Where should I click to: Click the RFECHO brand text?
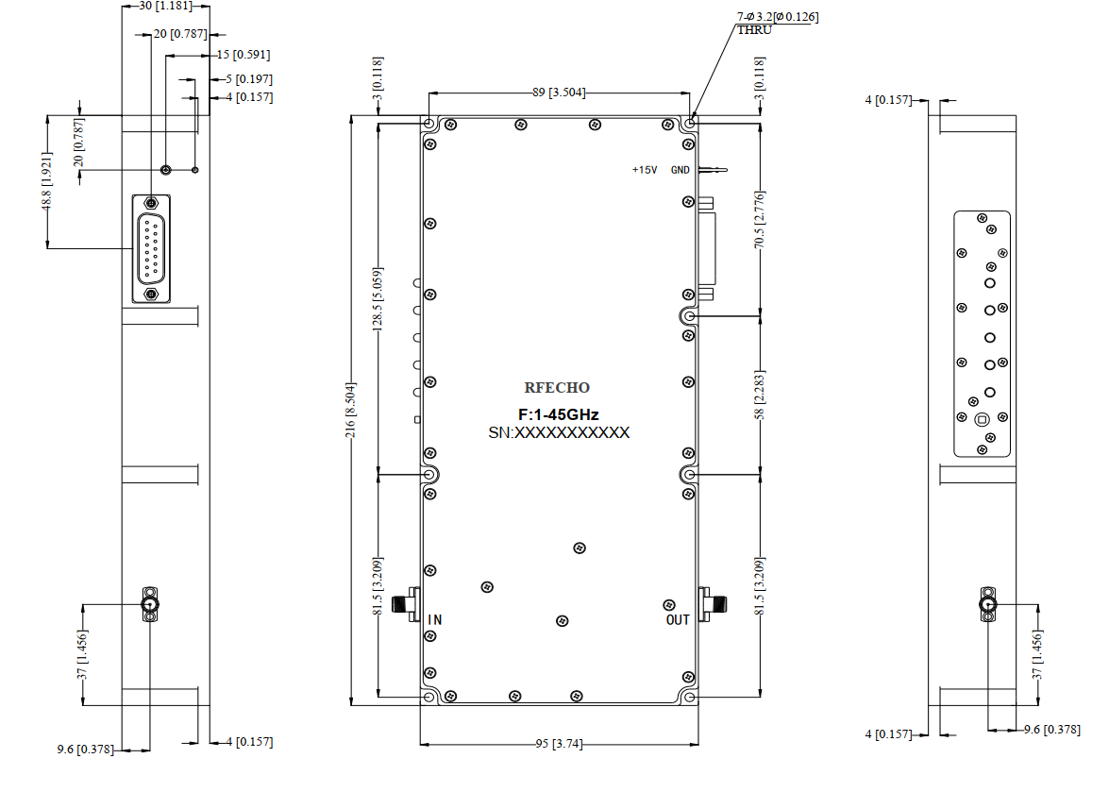(557, 388)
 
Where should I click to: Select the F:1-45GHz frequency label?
(558, 414)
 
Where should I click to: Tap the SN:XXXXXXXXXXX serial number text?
(559, 432)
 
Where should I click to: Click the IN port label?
(435, 619)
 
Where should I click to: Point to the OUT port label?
(678, 619)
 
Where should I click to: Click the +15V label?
(645, 170)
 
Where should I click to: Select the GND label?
(680, 170)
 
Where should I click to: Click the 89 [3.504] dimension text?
(559, 93)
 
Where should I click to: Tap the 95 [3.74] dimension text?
(559, 744)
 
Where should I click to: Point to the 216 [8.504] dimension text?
(351, 410)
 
